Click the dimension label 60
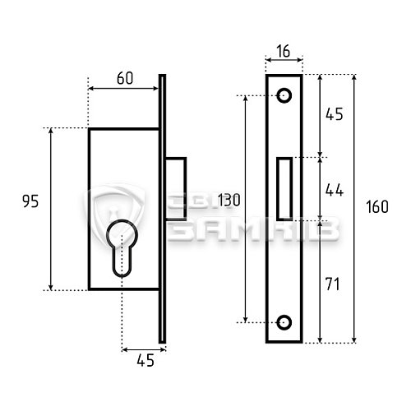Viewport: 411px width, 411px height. point(125,78)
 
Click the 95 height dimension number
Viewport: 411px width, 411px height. point(30,201)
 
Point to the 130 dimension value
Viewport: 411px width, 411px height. point(229,200)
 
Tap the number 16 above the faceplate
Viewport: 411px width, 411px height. point(284,51)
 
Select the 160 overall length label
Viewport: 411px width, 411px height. point(377,206)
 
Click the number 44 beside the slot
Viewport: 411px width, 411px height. point(335,190)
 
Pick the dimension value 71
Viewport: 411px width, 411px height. point(333,284)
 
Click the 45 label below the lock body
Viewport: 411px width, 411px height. point(145,360)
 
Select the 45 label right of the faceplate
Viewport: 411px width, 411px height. point(335,114)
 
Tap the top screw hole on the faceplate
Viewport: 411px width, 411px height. point(284,95)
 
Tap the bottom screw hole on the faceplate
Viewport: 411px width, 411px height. point(284,322)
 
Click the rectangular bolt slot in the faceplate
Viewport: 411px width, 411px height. point(284,189)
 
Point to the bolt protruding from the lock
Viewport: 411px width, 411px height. point(176,189)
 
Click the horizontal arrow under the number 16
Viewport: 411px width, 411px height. point(284,59)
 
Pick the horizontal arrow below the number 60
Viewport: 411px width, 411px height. point(123,88)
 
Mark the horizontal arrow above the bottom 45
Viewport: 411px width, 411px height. point(144,349)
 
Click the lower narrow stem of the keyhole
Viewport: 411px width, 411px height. point(122,261)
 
